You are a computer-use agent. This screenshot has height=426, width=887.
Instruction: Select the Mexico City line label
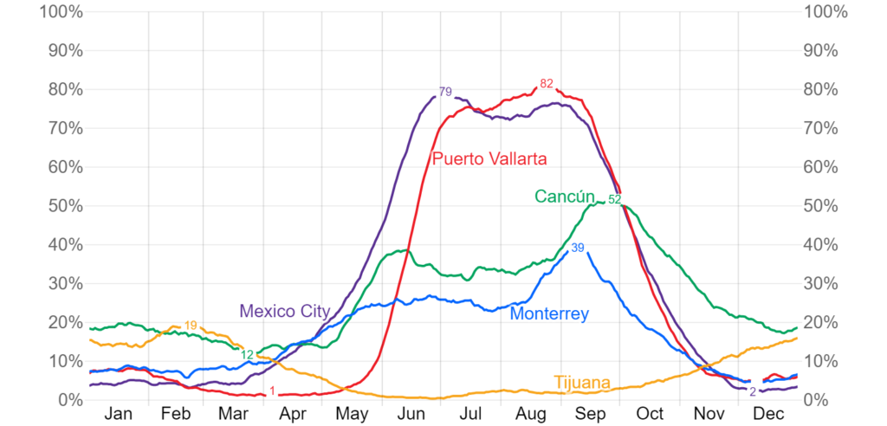tap(283, 310)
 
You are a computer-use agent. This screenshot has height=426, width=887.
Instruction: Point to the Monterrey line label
tap(549, 313)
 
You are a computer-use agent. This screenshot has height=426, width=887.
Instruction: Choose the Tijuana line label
tap(581, 382)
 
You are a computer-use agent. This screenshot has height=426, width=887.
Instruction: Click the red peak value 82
tap(546, 84)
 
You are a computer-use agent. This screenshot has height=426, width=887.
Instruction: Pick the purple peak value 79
tap(445, 92)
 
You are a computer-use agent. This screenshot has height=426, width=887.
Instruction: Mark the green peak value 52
tap(614, 199)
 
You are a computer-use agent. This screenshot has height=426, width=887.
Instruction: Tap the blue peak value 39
tap(578, 248)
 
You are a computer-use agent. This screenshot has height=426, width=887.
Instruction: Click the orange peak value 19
tap(191, 326)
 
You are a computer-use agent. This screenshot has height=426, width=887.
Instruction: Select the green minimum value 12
tap(248, 354)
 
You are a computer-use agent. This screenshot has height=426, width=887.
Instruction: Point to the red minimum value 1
tap(272, 391)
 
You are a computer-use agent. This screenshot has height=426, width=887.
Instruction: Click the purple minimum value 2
tap(752, 391)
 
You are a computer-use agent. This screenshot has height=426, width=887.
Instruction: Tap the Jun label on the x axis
tap(411, 414)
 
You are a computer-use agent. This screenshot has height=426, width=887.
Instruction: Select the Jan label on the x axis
tap(118, 414)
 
